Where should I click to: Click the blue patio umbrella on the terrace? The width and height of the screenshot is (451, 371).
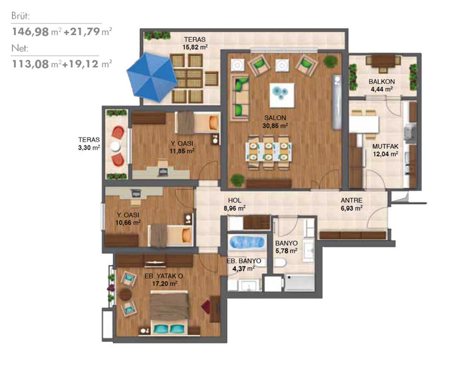click(152, 77)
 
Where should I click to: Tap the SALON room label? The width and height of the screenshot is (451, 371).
click(275, 118)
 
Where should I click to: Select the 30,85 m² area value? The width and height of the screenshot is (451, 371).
click(275, 126)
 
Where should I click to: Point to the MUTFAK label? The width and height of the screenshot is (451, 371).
click(386, 147)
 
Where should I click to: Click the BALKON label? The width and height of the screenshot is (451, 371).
click(382, 82)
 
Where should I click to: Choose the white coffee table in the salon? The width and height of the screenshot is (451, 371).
click(282, 95)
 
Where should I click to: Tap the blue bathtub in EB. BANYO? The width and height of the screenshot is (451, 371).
click(247, 242)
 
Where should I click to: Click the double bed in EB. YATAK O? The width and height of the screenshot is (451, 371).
click(170, 312)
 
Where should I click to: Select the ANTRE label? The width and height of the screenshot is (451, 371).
click(351, 201)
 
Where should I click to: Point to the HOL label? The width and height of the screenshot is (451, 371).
click(235, 201)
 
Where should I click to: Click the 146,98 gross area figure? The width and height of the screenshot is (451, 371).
click(30, 32)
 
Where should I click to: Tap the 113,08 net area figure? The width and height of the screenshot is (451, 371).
click(30, 64)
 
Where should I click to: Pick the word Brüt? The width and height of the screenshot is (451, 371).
click(20, 16)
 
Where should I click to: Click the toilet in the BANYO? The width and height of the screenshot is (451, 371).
click(280, 262)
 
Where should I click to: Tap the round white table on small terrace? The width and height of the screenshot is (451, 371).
click(115, 146)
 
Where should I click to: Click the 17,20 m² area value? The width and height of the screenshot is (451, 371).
click(165, 284)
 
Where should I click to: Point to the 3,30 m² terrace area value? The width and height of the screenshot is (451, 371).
click(89, 148)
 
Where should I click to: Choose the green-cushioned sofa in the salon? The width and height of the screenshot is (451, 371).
click(240, 98)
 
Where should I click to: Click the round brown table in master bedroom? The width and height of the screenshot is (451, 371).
click(125, 294)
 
